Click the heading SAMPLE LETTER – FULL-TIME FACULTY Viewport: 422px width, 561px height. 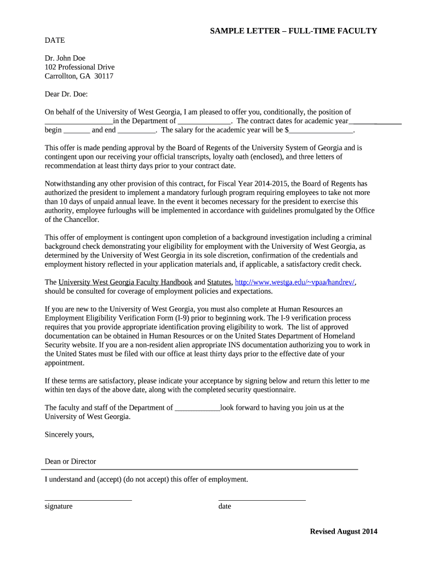click(x=293, y=31)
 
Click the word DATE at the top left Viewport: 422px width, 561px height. click(x=55, y=40)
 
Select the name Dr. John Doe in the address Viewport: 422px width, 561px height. click(x=65, y=58)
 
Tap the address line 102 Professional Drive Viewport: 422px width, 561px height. click(x=79, y=67)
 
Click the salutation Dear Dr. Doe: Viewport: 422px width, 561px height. click(x=66, y=94)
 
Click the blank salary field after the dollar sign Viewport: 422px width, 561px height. click(x=321, y=131)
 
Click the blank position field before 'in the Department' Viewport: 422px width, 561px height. click(x=78, y=122)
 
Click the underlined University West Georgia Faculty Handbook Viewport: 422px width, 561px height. click(x=126, y=282)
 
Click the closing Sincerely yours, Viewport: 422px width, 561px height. click(x=69, y=434)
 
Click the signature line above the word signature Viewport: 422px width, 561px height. click(x=88, y=499)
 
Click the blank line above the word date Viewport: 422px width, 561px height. click(x=262, y=499)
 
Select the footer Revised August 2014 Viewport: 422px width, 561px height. click(x=344, y=531)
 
